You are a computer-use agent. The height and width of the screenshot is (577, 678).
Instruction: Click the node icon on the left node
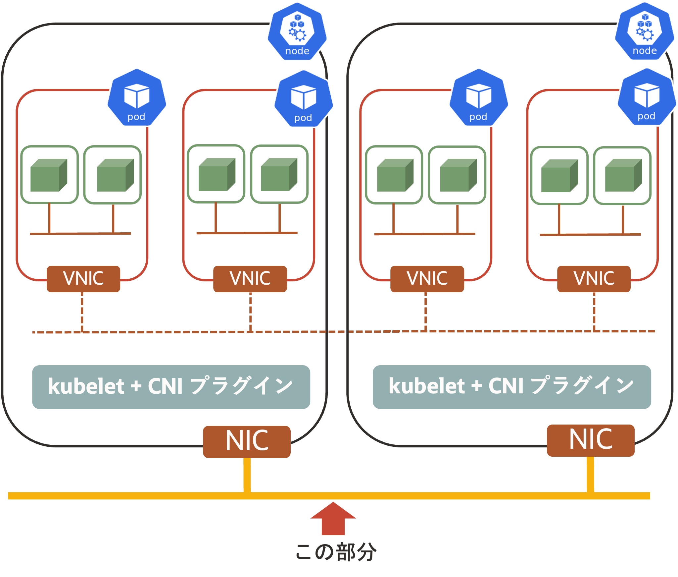click(x=297, y=31)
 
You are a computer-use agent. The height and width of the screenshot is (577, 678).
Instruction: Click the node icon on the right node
click(x=645, y=31)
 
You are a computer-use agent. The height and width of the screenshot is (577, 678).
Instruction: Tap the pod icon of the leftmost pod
click(x=137, y=97)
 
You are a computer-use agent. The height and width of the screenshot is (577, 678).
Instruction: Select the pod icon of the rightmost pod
click(x=647, y=97)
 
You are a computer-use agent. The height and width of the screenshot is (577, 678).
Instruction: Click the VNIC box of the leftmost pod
click(x=83, y=279)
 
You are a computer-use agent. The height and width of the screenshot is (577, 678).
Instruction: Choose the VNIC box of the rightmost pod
click(x=594, y=279)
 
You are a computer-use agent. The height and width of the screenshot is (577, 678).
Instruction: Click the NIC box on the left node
click(x=247, y=442)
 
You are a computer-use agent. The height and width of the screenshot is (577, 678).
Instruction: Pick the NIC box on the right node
click(x=591, y=440)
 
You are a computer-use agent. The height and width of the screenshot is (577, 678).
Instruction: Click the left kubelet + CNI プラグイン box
click(x=171, y=387)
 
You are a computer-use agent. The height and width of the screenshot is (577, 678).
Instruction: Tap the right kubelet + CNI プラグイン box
click(x=512, y=387)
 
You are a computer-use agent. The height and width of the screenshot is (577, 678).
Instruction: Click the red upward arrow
click(x=333, y=519)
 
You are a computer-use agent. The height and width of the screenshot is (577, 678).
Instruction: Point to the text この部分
click(x=336, y=552)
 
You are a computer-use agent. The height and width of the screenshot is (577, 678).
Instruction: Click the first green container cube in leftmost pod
click(x=49, y=175)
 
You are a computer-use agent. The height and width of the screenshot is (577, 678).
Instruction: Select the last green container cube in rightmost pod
click(x=623, y=175)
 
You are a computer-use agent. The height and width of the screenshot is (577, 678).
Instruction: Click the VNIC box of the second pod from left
click(x=250, y=279)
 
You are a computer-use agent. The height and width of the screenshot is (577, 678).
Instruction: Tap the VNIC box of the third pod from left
click(x=427, y=279)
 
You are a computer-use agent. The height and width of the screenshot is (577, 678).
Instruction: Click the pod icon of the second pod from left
click(x=304, y=98)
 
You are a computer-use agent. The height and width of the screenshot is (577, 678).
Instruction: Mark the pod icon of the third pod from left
click(x=479, y=97)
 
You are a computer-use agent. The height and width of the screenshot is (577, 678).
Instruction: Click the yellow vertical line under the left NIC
click(x=247, y=475)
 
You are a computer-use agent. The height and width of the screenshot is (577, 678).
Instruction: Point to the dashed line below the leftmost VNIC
click(x=82, y=312)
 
